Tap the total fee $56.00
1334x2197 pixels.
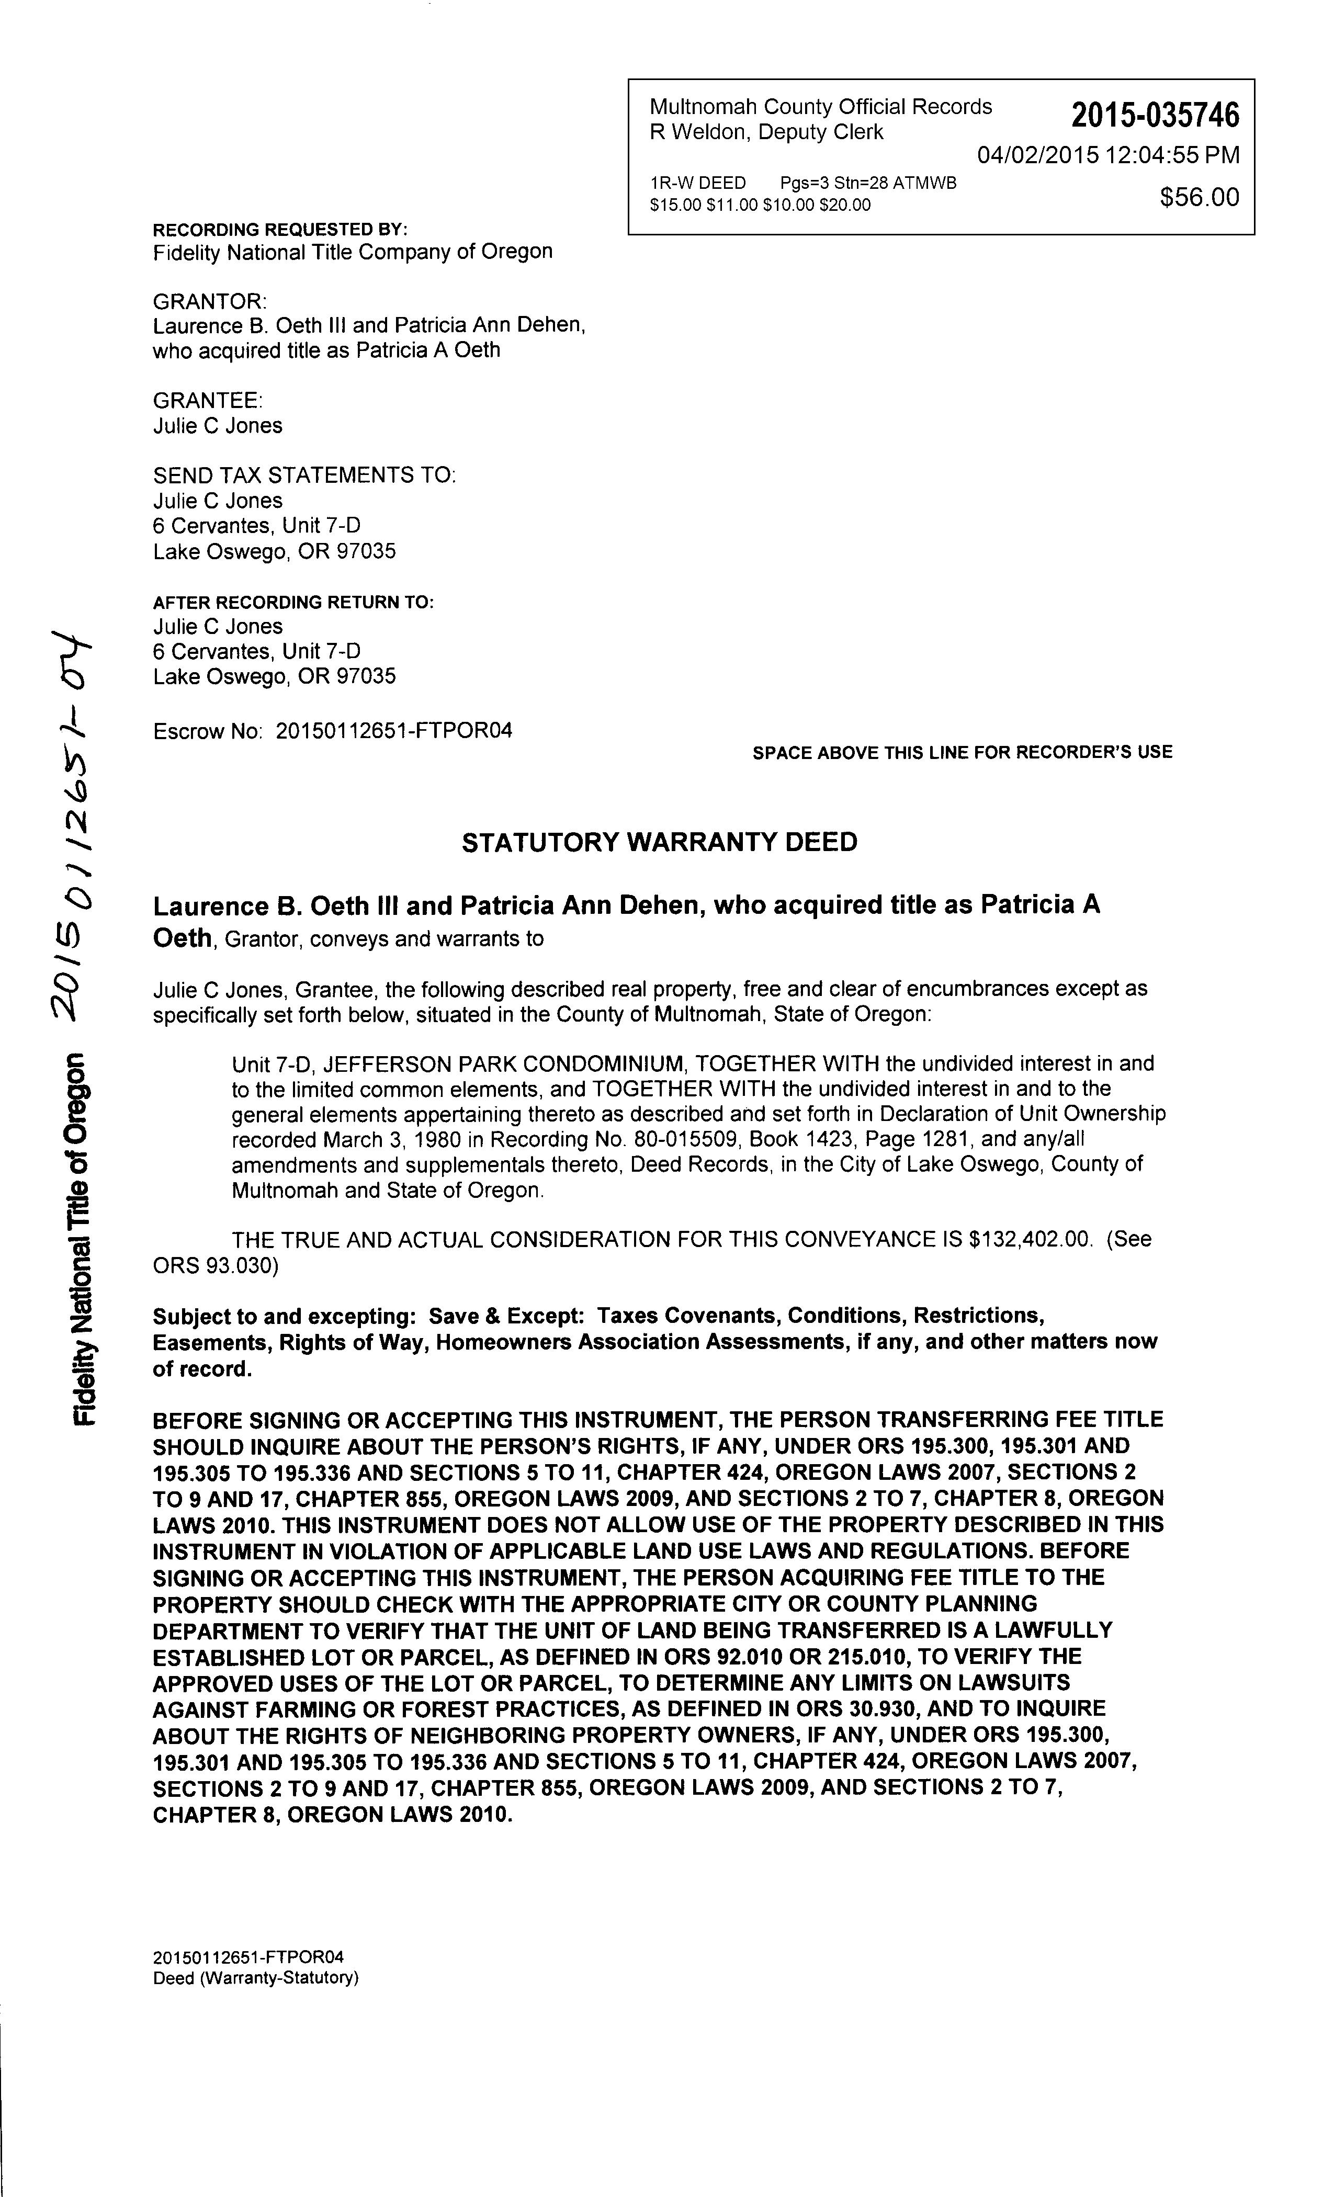(x=1200, y=197)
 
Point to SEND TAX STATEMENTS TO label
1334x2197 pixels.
(x=304, y=475)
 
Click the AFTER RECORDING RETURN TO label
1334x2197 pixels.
(x=293, y=603)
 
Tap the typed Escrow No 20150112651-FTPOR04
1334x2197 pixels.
(x=394, y=731)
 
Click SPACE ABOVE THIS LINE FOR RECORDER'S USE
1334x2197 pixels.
(x=962, y=753)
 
